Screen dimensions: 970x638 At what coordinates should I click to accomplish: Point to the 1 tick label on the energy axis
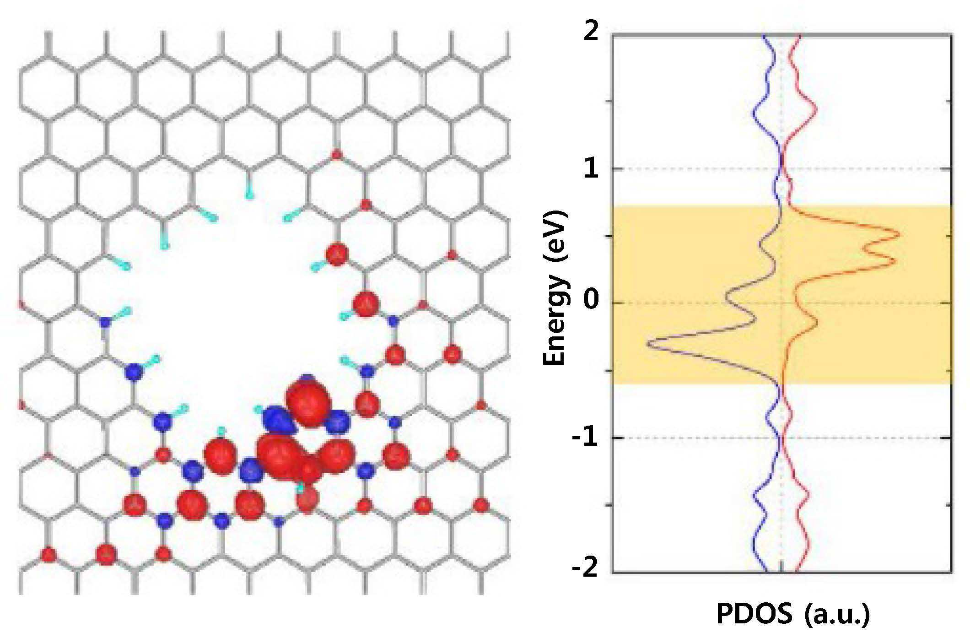(x=592, y=169)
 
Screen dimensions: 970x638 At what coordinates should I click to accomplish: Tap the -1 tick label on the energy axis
(x=587, y=438)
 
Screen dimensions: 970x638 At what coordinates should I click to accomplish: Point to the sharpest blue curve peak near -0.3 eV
(x=648, y=343)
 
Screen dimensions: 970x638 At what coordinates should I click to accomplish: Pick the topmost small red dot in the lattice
(x=336, y=155)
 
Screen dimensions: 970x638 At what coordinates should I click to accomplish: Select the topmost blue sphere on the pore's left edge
(x=106, y=322)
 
